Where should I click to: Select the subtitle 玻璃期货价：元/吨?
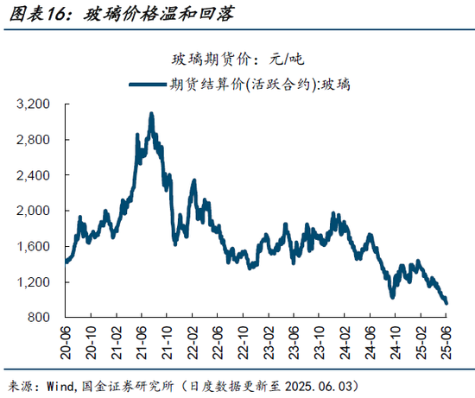(x=237, y=60)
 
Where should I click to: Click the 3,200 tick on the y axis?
(x=35, y=104)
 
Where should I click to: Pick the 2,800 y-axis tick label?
(x=35, y=140)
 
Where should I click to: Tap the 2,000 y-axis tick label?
(x=35, y=211)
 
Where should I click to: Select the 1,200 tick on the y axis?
(x=35, y=282)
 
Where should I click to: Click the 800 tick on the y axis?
(x=41, y=318)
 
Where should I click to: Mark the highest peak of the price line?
(x=151, y=113)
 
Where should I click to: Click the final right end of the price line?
(x=446, y=303)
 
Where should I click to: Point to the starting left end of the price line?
(x=66, y=261)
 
